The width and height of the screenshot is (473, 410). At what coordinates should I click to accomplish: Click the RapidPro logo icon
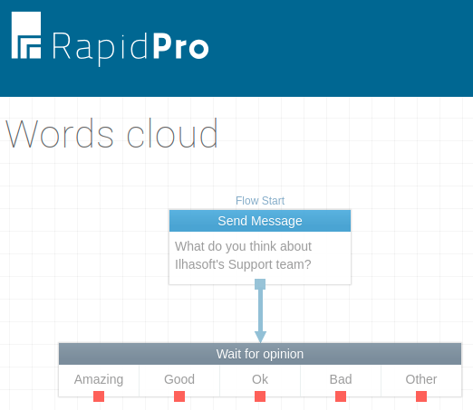pos(26,35)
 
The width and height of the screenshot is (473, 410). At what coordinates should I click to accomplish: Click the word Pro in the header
pos(180,46)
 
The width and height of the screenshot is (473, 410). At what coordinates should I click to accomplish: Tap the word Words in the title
pos(60,134)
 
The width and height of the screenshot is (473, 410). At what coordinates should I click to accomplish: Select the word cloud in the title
pos(172,133)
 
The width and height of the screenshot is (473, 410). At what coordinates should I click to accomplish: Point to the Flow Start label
pos(260,201)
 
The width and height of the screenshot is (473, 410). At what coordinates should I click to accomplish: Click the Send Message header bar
pos(260,221)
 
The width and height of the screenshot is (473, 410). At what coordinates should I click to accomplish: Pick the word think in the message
pos(263,246)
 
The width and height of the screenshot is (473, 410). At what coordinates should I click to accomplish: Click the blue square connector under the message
pos(260,284)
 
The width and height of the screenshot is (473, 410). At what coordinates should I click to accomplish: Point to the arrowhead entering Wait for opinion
pos(260,337)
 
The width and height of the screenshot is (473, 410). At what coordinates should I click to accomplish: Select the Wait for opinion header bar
pos(260,354)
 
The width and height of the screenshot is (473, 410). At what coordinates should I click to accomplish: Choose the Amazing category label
pos(99,379)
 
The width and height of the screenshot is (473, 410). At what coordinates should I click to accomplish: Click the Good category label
pos(179,379)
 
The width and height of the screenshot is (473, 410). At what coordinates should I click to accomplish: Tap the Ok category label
pos(260,379)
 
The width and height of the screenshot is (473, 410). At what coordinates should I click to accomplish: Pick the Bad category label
pos(341,379)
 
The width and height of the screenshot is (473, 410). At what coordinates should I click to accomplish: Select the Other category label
pos(421,379)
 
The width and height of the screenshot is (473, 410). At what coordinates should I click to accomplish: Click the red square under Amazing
pos(99,396)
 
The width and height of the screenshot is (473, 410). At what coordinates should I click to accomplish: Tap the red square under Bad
pos(341,396)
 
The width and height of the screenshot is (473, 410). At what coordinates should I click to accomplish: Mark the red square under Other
pos(421,396)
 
